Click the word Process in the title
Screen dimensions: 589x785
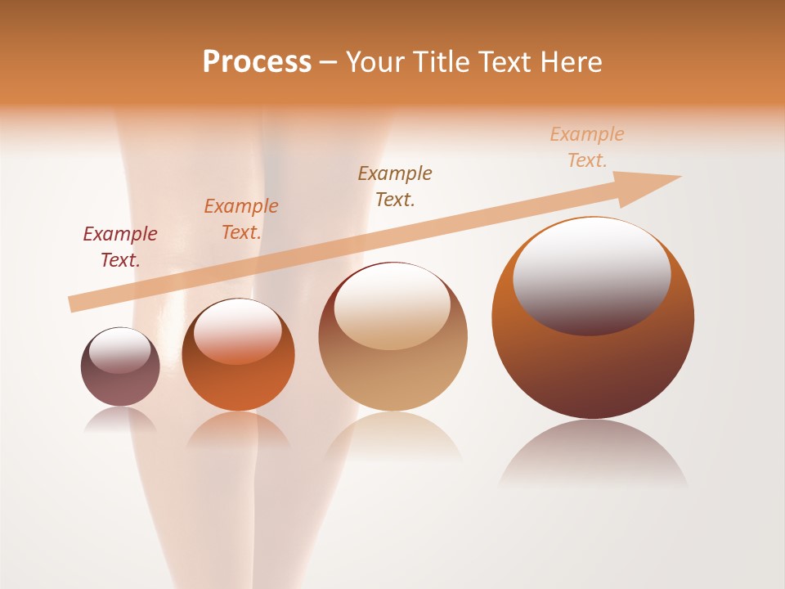[x=257, y=62]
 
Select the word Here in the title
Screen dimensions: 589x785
[x=570, y=62]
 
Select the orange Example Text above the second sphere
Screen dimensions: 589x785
[x=241, y=219]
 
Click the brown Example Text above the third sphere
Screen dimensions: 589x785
[x=395, y=186]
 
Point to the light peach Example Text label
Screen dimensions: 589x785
[x=587, y=147]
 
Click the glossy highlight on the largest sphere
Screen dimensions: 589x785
[x=591, y=277]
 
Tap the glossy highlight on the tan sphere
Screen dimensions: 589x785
[x=392, y=307]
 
